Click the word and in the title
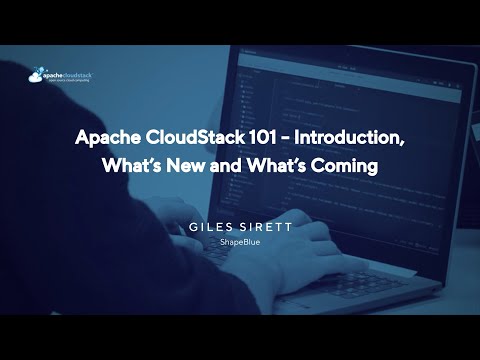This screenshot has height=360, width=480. click(230, 166)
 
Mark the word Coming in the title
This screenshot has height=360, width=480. click(344, 166)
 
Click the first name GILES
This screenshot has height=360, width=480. click(211, 227)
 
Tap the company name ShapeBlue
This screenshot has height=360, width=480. click(240, 242)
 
